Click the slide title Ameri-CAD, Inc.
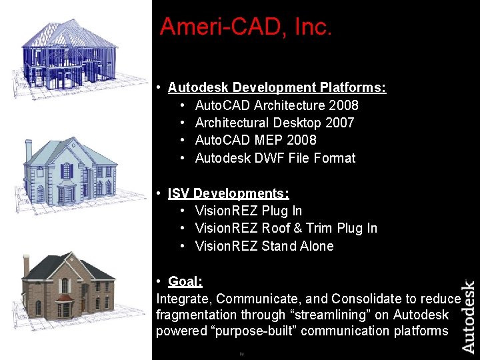pos(245,27)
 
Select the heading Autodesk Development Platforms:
pos(277,87)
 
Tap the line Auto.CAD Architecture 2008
pos(277,105)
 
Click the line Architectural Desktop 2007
pos(274,123)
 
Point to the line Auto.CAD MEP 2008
pos(255,140)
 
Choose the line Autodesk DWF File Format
pos(275,158)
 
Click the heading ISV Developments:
pos(228,193)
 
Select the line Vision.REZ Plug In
pos(248,211)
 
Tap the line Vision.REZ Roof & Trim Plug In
pos(286,228)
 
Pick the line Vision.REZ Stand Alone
pos(264,246)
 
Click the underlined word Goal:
pos(185,281)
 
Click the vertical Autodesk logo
pos(469,317)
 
